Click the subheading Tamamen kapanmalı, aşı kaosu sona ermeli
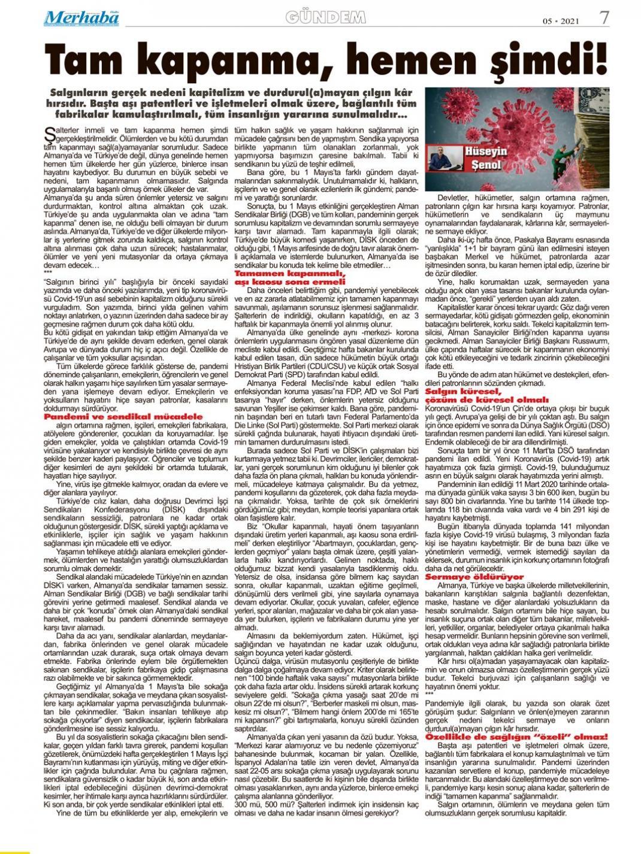click(x=282, y=277)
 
